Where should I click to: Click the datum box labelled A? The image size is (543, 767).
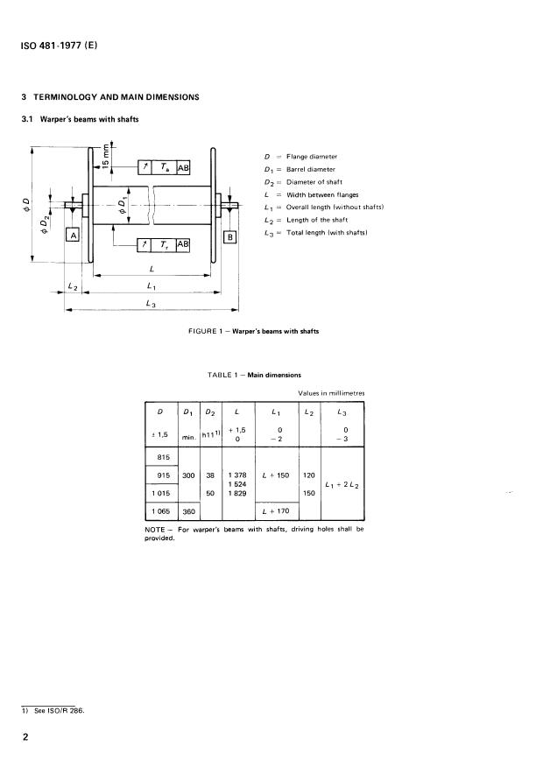[74, 236]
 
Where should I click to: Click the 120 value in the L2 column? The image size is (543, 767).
[308, 475]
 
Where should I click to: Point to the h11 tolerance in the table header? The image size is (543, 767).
[210, 432]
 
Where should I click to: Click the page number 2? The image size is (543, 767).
[27, 738]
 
